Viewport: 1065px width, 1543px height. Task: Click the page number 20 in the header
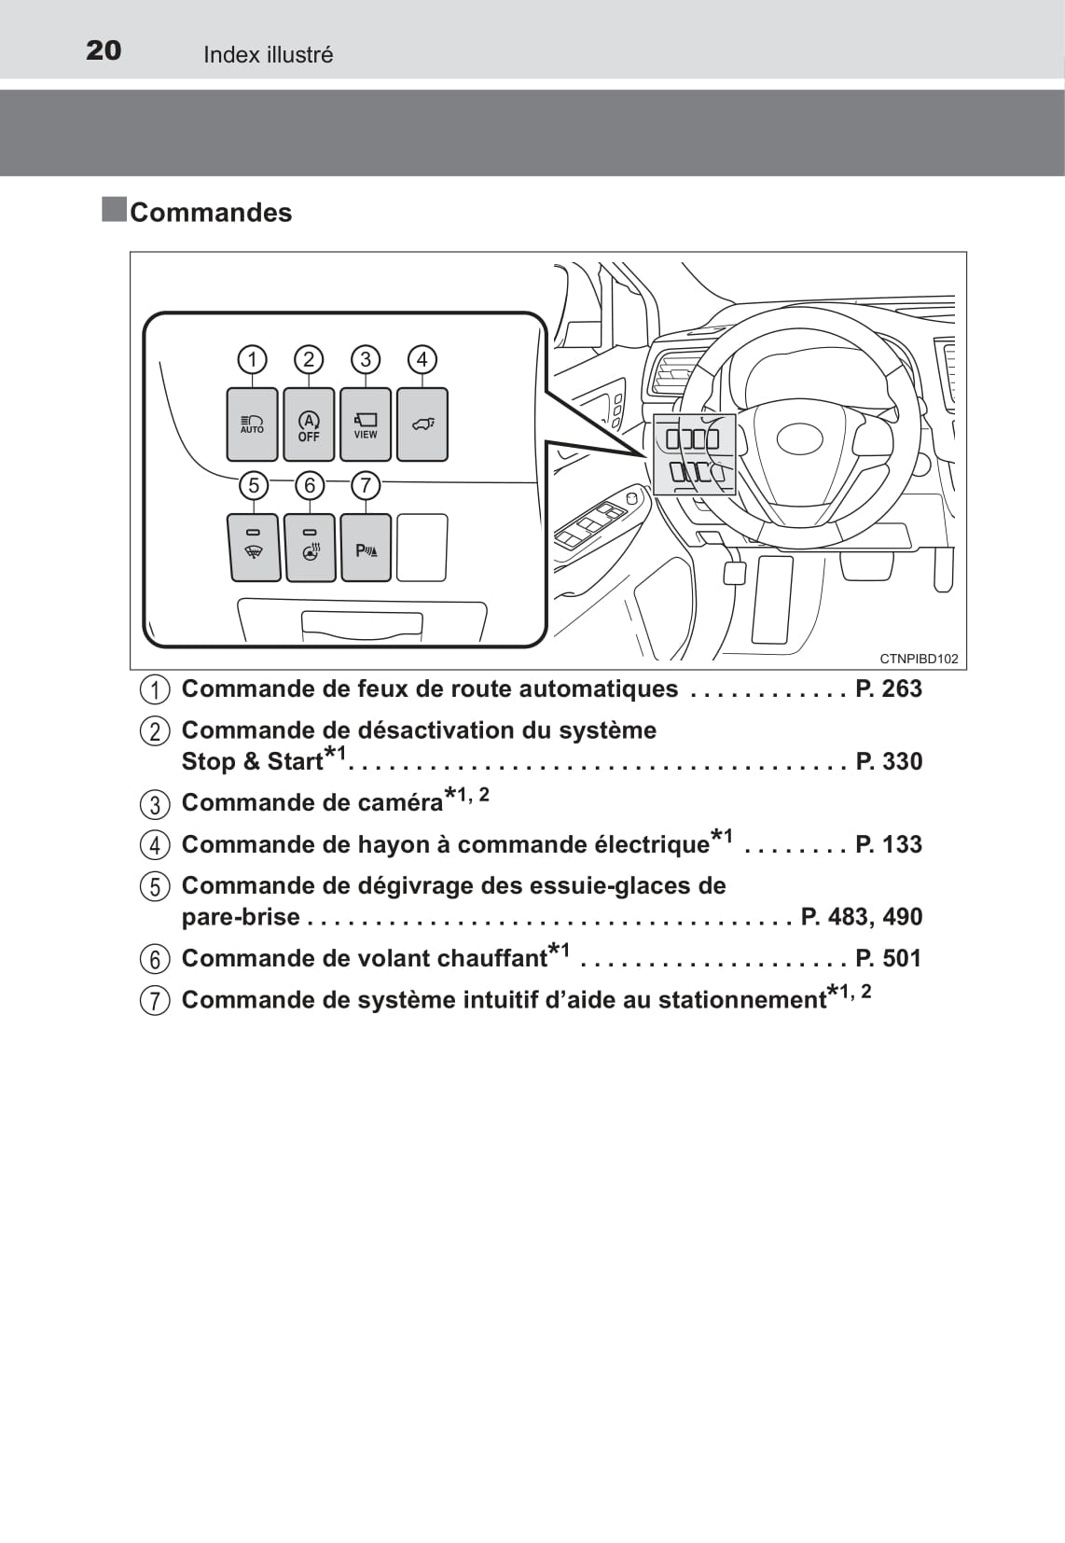click(104, 50)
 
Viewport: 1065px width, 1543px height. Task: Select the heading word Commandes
click(211, 213)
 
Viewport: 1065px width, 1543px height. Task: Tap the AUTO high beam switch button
click(252, 424)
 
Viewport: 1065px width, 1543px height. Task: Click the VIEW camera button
click(366, 424)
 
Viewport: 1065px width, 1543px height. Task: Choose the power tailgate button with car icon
click(422, 424)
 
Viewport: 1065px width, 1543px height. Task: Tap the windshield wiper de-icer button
click(254, 548)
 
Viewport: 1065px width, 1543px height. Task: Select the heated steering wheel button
click(311, 548)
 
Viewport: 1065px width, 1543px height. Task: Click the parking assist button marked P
click(367, 548)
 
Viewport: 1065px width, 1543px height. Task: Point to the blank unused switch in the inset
click(422, 548)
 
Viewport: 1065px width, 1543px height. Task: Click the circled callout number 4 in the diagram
click(422, 359)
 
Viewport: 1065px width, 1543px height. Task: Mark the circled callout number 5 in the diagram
click(253, 485)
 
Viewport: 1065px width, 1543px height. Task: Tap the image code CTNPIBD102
click(919, 659)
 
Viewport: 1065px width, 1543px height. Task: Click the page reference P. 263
click(889, 688)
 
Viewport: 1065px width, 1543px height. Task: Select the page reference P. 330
click(889, 761)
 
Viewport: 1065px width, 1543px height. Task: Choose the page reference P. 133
click(889, 844)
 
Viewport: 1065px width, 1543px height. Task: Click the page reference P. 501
click(889, 958)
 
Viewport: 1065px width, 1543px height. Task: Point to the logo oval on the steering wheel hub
click(799, 438)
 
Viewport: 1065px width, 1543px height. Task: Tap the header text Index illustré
click(268, 55)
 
